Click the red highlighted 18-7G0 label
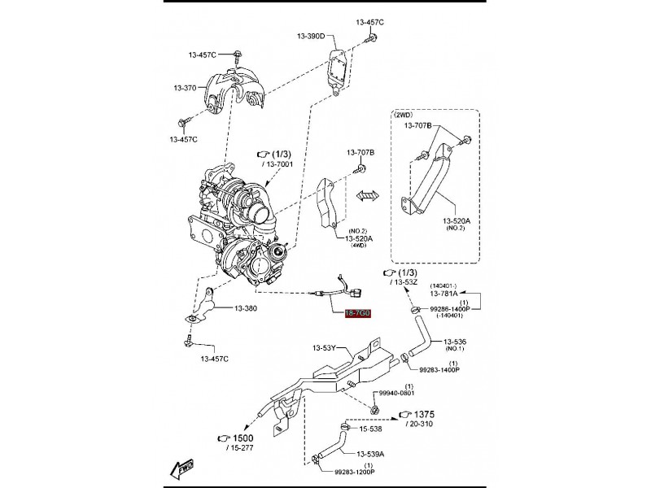click(357, 313)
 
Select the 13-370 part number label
click(185, 88)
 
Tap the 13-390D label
click(311, 36)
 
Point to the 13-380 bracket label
click(246, 308)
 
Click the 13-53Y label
click(323, 348)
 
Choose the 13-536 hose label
click(455, 342)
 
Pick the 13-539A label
click(370, 454)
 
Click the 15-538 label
click(370, 429)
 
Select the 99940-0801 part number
click(396, 393)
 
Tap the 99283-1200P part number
click(355, 472)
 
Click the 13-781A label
click(443, 294)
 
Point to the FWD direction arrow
click(181, 468)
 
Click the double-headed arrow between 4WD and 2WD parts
click(368, 196)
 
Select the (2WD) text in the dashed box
click(404, 115)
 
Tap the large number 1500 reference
click(242, 438)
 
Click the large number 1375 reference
click(424, 414)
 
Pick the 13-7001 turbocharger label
click(279, 164)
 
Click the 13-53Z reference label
click(405, 282)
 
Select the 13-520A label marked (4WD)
click(359, 238)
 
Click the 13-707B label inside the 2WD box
click(418, 125)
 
